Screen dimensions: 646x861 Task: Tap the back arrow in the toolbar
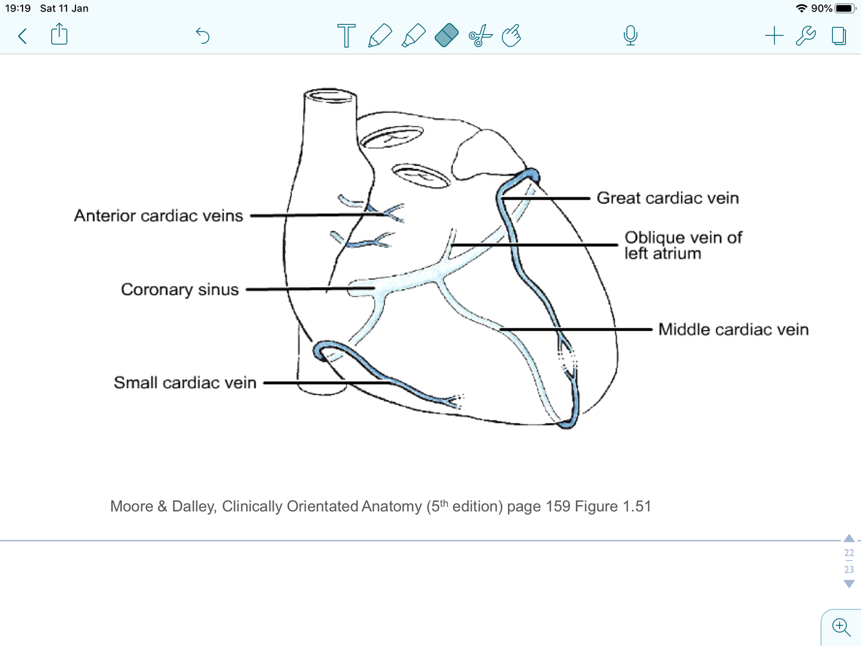coord(23,35)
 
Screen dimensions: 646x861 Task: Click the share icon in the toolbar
coord(59,34)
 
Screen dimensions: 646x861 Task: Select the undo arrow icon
coord(203,35)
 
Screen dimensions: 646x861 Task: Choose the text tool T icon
coord(346,35)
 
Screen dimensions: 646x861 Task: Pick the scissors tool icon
coord(480,35)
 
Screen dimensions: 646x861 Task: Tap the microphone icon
coord(631,35)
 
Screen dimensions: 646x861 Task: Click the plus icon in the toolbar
coord(774,35)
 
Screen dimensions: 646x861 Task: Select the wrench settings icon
coord(805,35)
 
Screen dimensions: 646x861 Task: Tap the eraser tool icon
coord(447,35)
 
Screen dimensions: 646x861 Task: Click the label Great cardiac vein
coord(667,198)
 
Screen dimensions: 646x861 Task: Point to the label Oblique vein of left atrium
coord(683,245)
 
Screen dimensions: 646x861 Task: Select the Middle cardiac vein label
coord(733,330)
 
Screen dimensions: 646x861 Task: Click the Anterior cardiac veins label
coord(159,216)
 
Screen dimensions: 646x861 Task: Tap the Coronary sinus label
coord(179,290)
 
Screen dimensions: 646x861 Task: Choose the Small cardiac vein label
coord(185,383)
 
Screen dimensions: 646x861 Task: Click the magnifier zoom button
coord(840,627)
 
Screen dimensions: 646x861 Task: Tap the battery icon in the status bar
coord(845,8)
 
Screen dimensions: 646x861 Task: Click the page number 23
coord(849,569)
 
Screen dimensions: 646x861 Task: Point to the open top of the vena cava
coord(330,96)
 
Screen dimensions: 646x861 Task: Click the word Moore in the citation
coord(132,507)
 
